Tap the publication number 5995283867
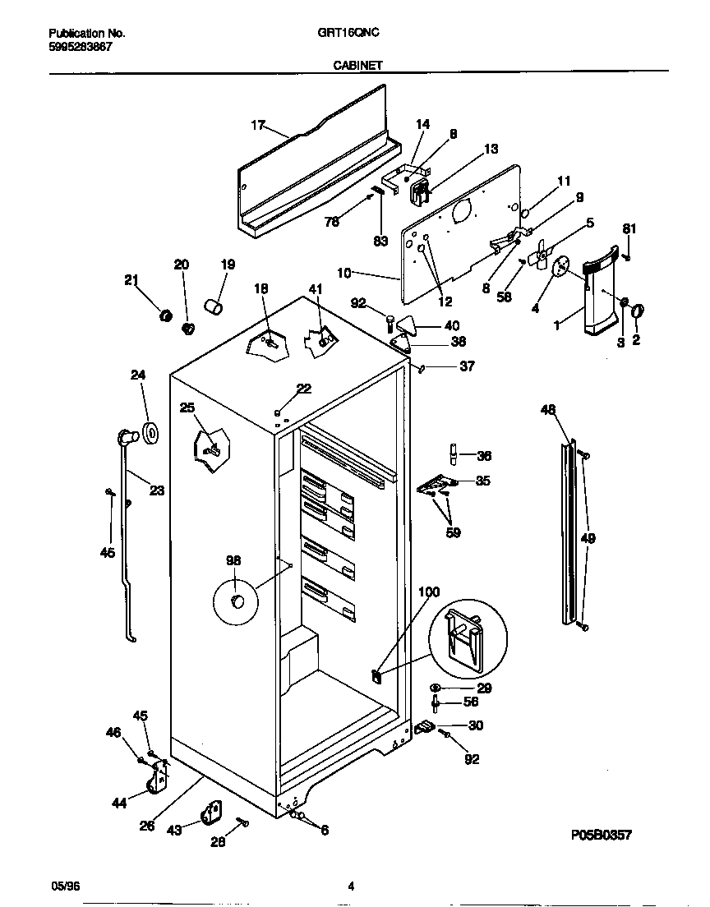coord(81,47)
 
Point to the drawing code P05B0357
coord(601,835)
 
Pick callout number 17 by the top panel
coord(257,125)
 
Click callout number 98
coord(233,560)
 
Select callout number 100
coord(429,592)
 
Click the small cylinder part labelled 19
coord(216,307)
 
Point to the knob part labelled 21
coord(164,315)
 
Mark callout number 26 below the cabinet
coord(147,826)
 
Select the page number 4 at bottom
coord(351,886)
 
